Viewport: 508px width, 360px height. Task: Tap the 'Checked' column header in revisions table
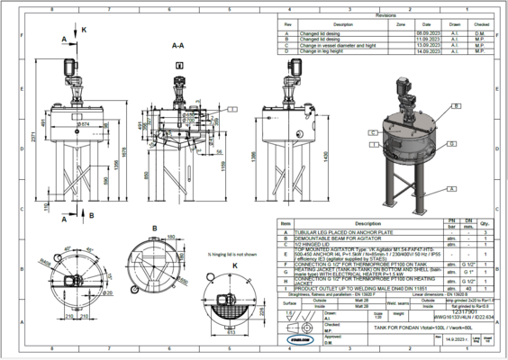coord(482,24)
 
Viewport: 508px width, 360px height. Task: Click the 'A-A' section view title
coord(178,43)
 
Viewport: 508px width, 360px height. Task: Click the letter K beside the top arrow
coord(85,30)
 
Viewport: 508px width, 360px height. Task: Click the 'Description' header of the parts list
coord(367,223)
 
